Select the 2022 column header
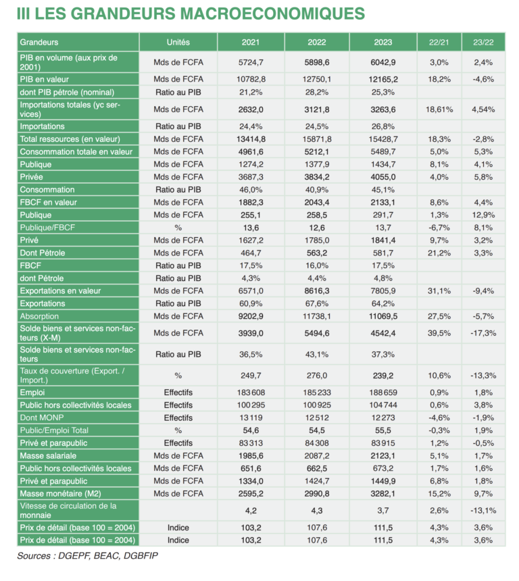[x=316, y=42]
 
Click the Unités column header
[x=178, y=42]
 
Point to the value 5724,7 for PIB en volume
[x=251, y=62]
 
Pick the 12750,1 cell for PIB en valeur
[x=316, y=79]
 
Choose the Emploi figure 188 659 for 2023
[x=382, y=393]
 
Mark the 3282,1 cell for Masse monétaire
[x=382, y=494]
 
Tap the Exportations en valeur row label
[x=60, y=290]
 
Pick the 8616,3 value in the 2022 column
[x=316, y=290]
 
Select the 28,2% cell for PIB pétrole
[x=316, y=92]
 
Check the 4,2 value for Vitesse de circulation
[x=251, y=511]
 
